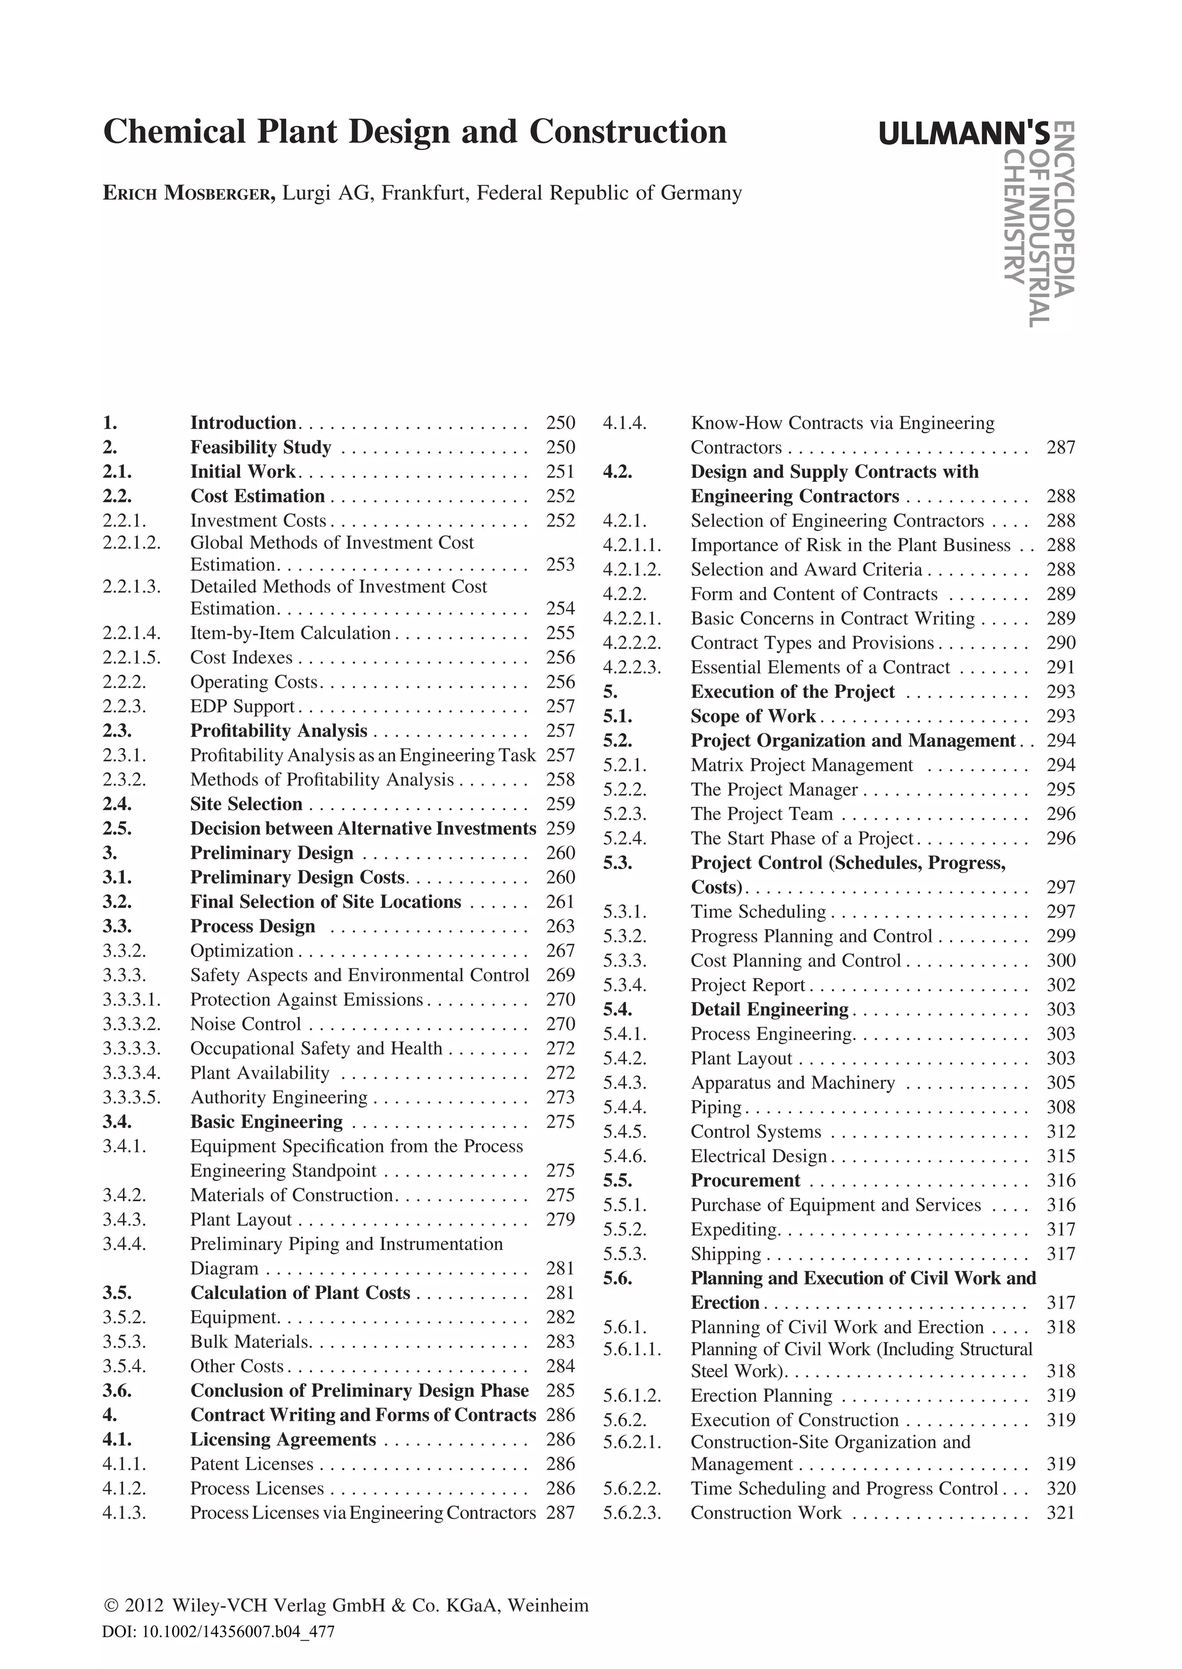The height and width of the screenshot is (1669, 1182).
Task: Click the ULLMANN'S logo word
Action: tap(964, 134)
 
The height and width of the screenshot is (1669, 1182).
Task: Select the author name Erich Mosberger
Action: tap(189, 193)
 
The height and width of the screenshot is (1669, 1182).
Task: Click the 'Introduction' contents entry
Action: tap(243, 423)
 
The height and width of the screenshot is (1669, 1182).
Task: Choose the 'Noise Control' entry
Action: tap(245, 1024)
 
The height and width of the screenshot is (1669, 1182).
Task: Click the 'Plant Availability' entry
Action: tap(260, 1073)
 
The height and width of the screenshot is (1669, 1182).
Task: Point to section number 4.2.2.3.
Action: tap(632, 668)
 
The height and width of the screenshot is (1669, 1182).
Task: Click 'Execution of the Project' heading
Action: tap(792, 691)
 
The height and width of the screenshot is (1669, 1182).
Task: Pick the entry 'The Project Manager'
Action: tap(774, 789)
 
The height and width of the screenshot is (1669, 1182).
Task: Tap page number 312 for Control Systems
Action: tap(1060, 1132)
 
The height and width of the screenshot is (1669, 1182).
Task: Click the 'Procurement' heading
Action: tap(745, 1181)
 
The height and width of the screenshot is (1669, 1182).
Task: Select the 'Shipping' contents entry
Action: tap(725, 1254)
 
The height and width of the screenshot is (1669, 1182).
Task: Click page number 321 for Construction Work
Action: tap(1060, 1513)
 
